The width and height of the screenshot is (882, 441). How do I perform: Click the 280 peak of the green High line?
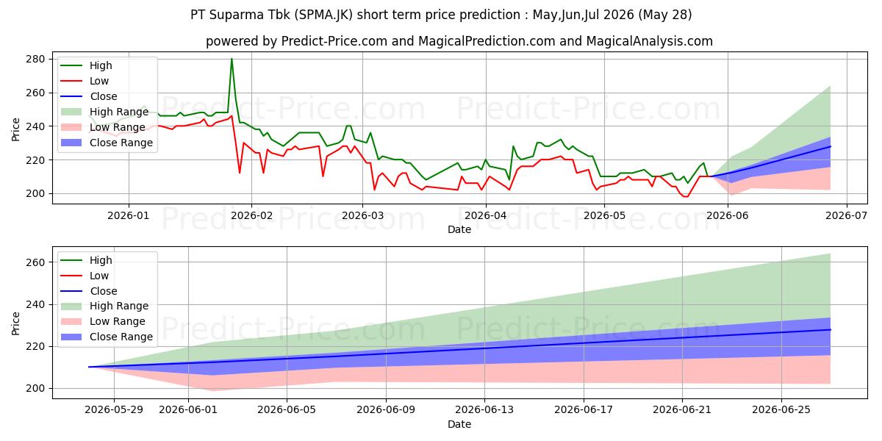pyautogui.click(x=232, y=59)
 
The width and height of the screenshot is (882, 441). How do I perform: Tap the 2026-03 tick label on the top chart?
pyautogui.click(x=362, y=216)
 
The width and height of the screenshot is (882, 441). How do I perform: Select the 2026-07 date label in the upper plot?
pyautogui.click(x=846, y=216)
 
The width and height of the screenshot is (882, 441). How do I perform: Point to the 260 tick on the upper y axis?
pyautogui.click(x=35, y=93)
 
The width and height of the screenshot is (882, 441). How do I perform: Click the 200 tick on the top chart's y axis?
pyautogui.click(x=35, y=194)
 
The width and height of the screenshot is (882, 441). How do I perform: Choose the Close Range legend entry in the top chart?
pyautogui.click(x=107, y=143)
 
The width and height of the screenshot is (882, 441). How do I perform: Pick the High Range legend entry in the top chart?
pyautogui.click(x=104, y=112)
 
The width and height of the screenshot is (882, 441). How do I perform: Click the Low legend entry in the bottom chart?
pyautogui.click(x=85, y=276)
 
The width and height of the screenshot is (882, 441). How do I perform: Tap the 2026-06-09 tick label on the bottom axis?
pyautogui.click(x=386, y=410)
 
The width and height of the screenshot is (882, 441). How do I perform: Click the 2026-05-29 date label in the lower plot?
pyautogui.click(x=114, y=410)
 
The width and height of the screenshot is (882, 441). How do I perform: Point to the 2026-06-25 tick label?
pyautogui.click(x=781, y=410)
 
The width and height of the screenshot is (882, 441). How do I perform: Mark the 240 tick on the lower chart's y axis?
pyautogui.click(x=35, y=304)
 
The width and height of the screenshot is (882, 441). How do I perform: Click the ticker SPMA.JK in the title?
pyautogui.click(x=326, y=15)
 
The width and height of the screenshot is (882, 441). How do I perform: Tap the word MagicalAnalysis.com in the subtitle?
pyautogui.click(x=649, y=41)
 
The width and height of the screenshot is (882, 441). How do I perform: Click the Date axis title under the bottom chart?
pyautogui.click(x=459, y=424)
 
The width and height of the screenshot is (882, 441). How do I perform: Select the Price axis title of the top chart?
pyautogui.click(x=15, y=129)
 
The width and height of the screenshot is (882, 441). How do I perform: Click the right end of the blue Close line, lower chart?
pyautogui.click(x=831, y=329)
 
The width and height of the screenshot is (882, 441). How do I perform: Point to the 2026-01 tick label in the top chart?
pyautogui.click(x=129, y=216)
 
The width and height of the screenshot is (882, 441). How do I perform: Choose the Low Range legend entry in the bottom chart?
pyautogui.click(x=103, y=321)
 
